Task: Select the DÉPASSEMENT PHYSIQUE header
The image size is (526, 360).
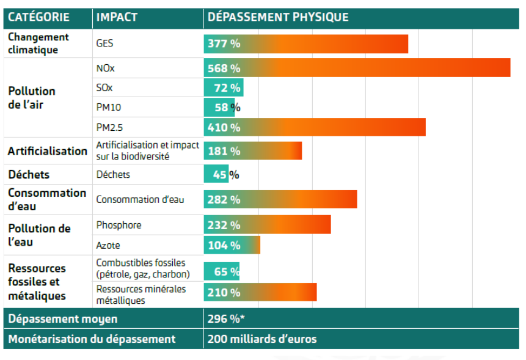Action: click(x=278, y=17)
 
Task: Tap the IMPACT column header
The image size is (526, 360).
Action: click(x=118, y=17)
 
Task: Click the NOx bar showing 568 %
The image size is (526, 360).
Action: click(x=357, y=68)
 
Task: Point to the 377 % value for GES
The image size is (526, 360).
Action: click(x=224, y=44)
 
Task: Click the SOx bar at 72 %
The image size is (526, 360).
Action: click(x=224, y=87)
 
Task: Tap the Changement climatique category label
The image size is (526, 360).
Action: click(x=38, y=43)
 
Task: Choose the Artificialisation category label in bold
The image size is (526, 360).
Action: click(x=47, y=151)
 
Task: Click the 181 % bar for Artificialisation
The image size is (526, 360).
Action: click(x=253, y=151)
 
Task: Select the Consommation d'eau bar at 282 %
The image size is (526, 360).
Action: click(x=280, y=199)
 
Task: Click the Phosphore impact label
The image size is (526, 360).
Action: click(x=119, y=225)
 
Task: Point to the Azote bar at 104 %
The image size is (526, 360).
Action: click(x=232, y=245)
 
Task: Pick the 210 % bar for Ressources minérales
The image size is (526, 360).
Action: click(x=260, y=292)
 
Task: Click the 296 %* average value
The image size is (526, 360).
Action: click(x=226, y=319)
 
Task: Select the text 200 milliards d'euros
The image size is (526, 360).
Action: click(x=262, y=339)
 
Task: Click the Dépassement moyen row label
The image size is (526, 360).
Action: click(x=63, y=319)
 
